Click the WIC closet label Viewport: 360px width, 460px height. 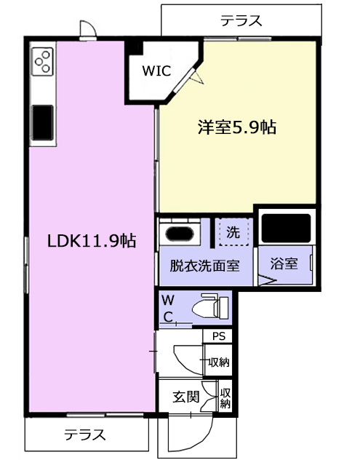tap(156, 71)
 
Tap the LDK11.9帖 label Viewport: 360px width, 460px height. tap(92, 241)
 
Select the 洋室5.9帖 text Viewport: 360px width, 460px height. tap(237, 127)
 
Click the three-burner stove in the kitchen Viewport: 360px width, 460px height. tap(43, 61)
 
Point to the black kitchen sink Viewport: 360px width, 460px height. tap(43, 122)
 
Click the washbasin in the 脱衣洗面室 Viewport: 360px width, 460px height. tap(180, 234)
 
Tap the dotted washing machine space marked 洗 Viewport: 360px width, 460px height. tap(233, 231)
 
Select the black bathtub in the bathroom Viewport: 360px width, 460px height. tap(286, 229)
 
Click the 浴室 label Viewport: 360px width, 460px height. tap(284, 263)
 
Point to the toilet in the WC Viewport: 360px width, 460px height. tap(210, 307)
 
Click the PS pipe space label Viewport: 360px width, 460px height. tap(219, 336)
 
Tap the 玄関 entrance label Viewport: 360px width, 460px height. tap(186, 397)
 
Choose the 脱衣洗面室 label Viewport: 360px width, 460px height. tap(204, 266)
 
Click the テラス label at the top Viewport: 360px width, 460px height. tap(241, 21)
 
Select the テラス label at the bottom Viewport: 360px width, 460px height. tap(85, 435)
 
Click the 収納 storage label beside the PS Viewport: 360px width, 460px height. tap(219, 362)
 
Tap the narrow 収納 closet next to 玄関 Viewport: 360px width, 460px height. tap(225, 398)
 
